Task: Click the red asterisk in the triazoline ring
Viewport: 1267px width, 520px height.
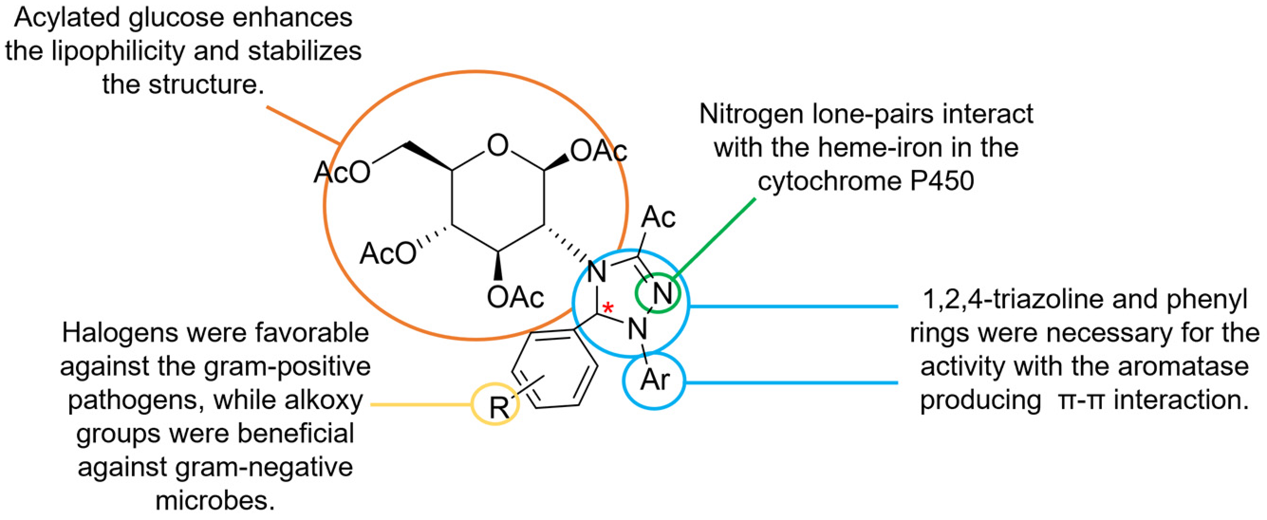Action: click(608, 308)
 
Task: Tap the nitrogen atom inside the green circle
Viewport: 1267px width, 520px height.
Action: click(662, 294)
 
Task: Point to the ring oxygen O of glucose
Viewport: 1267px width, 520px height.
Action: click(498, 146)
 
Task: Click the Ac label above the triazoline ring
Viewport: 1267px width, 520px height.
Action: click(659, 217)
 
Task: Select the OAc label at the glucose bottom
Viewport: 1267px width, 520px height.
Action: click(515, 297)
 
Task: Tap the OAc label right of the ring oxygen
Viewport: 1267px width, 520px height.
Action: click(598, 150)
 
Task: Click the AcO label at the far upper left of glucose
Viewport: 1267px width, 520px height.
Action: click(342, 173)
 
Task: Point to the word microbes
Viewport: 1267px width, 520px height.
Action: click(215, 501)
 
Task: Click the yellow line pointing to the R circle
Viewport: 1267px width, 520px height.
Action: click(421, 404)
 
